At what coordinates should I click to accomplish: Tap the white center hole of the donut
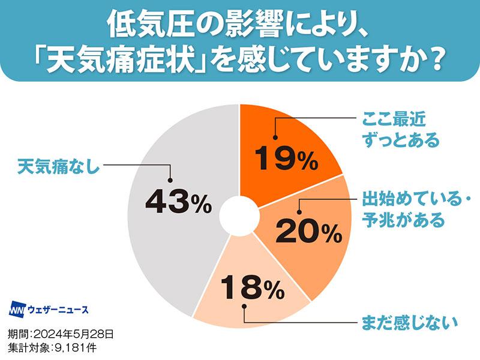pos(239,215)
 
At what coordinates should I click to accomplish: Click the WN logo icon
pos(19,310)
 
